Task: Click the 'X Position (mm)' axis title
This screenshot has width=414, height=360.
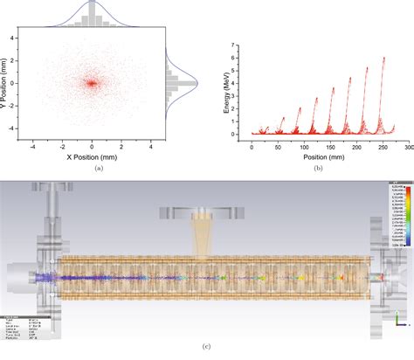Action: pyautogui.click(x=92, y=160)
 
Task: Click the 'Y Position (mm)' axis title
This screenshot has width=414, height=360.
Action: pyautogui.click(x=5, y=83)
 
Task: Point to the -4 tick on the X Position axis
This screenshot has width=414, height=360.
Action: pyautogui.click(x=32, y=149)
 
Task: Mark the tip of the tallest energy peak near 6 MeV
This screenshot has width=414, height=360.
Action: pyautogui.click(x=384, y=58)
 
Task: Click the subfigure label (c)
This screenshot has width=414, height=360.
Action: pyautogui.click(x=206, y=349)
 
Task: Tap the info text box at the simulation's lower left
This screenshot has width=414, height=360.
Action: pyautogui.click(x=19, y=323)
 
